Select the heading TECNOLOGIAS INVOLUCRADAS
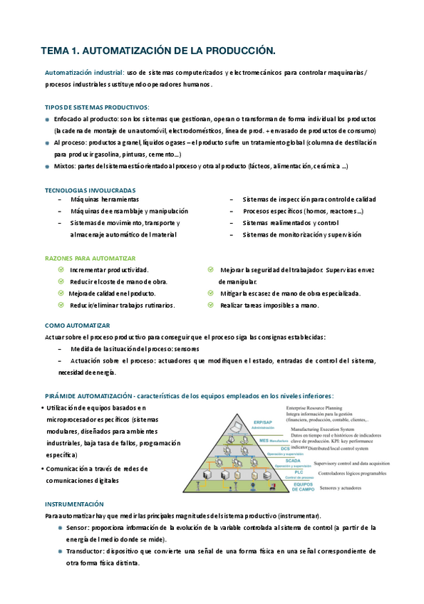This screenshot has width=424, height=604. (90, 190)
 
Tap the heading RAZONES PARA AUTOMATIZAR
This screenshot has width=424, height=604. (90, 258)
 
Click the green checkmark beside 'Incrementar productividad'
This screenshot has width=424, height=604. (61, 270)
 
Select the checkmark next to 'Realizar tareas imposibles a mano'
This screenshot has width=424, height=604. (210, 305)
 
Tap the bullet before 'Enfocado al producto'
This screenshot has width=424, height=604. (47, 119)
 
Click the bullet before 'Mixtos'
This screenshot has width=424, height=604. (47, 167)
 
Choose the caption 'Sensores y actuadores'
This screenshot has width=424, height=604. (330, 488)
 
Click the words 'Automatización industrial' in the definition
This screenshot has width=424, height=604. (83, 73)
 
